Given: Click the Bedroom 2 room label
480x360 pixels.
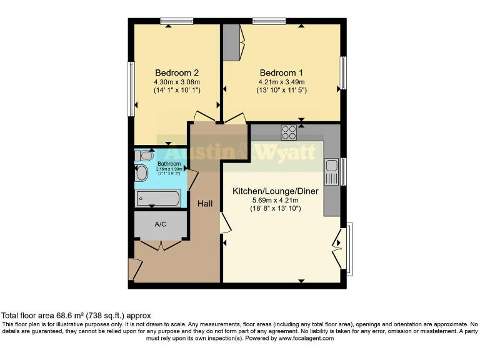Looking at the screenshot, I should [x=168, y=72].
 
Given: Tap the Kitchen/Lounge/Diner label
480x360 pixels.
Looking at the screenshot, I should [x=267, y=190].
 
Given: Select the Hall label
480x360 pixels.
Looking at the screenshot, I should [x=205, y=204].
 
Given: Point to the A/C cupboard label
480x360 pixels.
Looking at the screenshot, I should [x=160, y=224].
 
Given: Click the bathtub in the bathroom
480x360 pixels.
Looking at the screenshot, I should [x=158, y=199].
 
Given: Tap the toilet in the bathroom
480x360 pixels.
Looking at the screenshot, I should [x=144, y=156].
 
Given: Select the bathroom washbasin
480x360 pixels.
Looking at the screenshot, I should [x=141, y=172].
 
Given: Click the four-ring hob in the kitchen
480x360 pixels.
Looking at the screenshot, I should [x=289, y=132].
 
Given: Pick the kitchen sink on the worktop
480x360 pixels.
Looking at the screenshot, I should [x=331, y=171].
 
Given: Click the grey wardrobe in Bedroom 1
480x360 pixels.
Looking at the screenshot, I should [x=231, y=42].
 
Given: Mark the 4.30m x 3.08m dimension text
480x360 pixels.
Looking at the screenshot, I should [x=168, y=81].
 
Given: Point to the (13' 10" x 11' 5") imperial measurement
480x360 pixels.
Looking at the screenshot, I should [x=282, y=91].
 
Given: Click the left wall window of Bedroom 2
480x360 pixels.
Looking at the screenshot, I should [x=131, y=89].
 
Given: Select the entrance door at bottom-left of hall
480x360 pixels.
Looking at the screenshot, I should [x=133, y=270].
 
